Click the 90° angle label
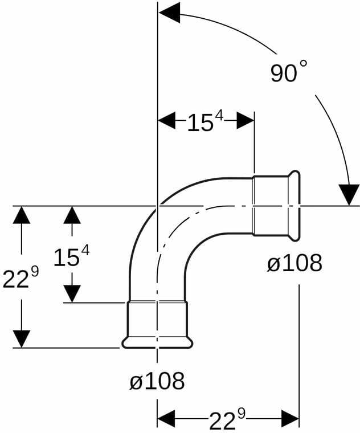[289, 72]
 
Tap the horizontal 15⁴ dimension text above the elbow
[205, 121]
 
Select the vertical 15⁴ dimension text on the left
[72, 256]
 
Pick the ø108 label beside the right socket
[294, 263]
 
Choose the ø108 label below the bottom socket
[157, 381]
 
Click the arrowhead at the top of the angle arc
[170, 13]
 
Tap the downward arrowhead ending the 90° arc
[349, 195]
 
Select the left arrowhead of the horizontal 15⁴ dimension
[166, 120]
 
